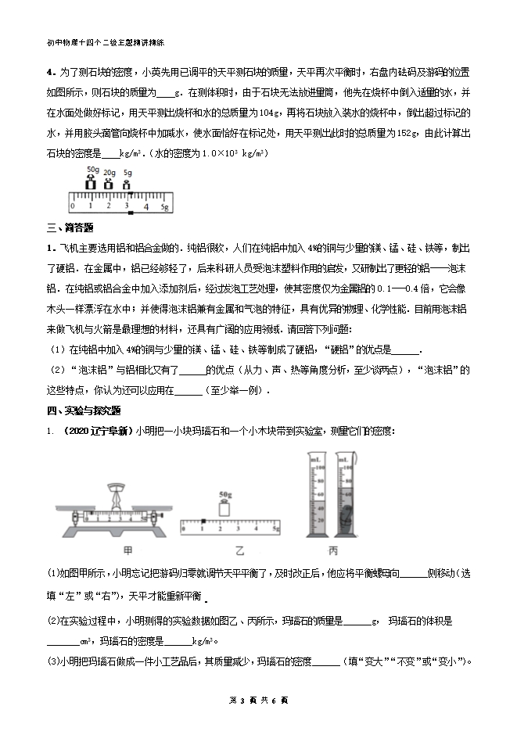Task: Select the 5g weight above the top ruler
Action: [x=127, y=185]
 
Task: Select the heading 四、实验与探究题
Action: [x=83, y=410]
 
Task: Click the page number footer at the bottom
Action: [x=257, y=699]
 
